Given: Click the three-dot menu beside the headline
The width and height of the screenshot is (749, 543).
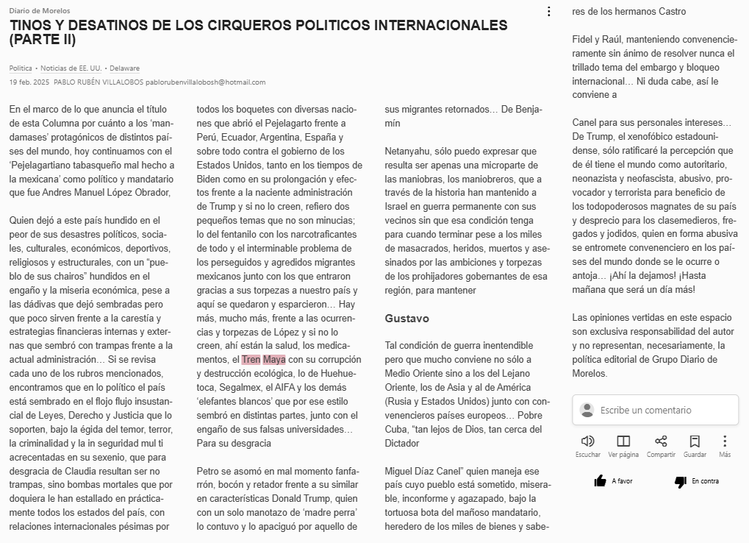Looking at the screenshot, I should [x=548, y=11].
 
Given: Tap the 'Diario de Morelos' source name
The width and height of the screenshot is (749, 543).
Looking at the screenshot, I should [x=40, y=11].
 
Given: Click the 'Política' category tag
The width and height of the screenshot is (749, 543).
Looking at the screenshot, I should [x=21, y=68].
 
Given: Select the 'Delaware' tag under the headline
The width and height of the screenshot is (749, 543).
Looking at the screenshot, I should [x=125, y=68].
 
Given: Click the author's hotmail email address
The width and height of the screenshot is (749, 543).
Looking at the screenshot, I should [x=205, y=82].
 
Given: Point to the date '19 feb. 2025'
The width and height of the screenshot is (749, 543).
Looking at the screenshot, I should [x=29, y=82].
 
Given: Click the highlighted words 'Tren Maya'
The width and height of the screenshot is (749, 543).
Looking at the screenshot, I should [x=263, y=360].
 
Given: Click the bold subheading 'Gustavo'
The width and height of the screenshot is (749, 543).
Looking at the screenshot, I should [x=406, y=319].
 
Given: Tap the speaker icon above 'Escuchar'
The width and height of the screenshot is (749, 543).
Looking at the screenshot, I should [x=587, y=441].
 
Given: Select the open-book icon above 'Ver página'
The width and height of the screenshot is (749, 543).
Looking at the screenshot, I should [x=623, y=441].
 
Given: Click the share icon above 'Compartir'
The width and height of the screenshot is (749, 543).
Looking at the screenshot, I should [x=661, y=441].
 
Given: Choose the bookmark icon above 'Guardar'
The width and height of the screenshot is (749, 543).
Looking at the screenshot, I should [x=695, y=441].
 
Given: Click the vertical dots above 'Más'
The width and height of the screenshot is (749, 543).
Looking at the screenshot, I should [x=725, y=441].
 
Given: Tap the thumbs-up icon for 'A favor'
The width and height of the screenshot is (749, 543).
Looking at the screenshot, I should [x=600, y=481].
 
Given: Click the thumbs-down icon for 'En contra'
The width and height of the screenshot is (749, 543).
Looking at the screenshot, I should [x=680, y=481].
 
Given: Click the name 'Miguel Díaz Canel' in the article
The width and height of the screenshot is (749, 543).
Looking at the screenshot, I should [x=426, y=471].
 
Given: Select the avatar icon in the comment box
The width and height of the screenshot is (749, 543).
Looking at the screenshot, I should [x=587, y=410].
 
